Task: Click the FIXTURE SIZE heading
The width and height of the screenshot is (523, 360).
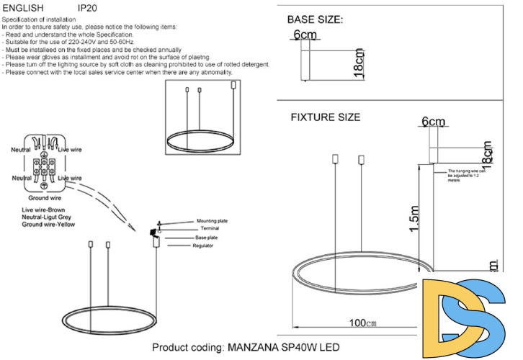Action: point(326,117)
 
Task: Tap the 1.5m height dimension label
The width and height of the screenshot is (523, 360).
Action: point(413,215)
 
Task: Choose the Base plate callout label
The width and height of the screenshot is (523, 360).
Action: point(206,237)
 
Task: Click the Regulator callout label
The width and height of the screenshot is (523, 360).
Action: point(205,246)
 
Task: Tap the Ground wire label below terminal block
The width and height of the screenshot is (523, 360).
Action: point(45,197)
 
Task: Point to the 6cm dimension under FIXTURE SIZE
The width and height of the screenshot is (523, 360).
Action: point(434,122)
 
